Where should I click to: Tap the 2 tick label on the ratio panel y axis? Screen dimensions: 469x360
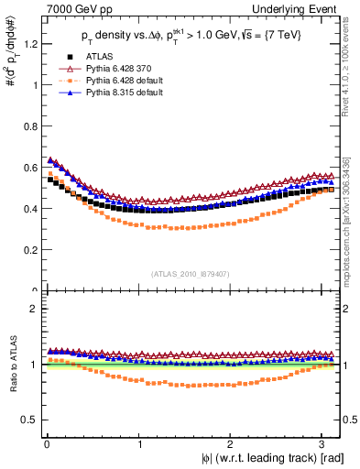pos(32,309)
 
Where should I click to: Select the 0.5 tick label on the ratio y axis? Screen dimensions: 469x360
pos(28,420)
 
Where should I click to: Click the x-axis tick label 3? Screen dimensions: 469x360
pos(322,442)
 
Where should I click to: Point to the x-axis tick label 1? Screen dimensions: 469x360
pos(139,442)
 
